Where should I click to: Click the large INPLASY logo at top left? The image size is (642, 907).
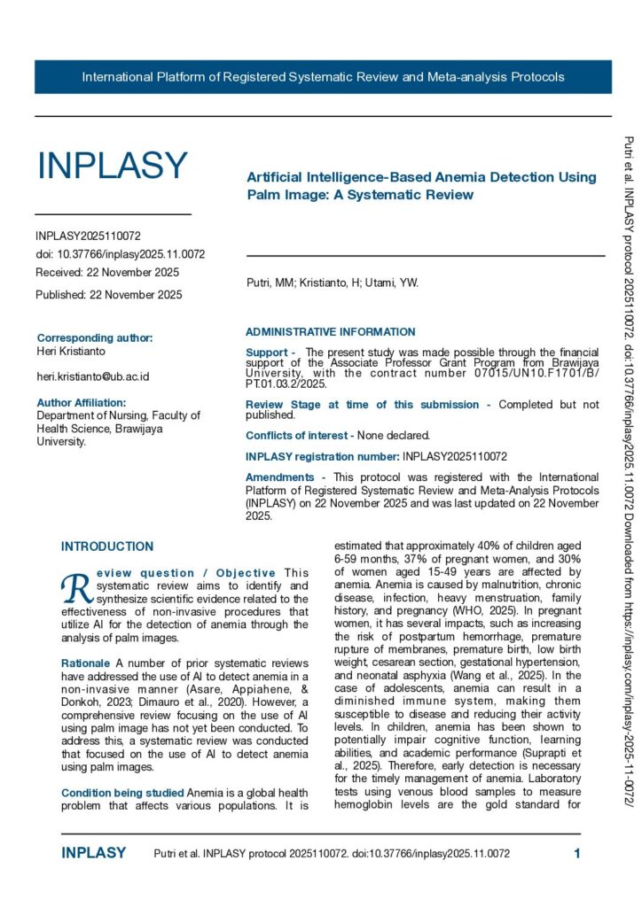112,167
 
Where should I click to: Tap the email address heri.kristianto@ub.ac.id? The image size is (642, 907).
92,376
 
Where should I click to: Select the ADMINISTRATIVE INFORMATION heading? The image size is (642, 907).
330,332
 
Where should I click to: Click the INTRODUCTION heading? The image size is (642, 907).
107,547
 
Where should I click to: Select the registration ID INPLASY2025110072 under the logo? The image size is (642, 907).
88,236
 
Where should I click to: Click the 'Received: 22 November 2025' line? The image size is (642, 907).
107,272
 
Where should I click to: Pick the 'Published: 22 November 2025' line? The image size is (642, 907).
109,295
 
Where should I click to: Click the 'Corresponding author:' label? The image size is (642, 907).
95,337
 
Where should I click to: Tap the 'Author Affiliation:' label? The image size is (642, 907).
82,402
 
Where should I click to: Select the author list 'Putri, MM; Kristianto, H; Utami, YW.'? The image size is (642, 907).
332,283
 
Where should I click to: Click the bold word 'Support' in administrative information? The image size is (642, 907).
265,353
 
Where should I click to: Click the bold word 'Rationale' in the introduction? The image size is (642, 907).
85,663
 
